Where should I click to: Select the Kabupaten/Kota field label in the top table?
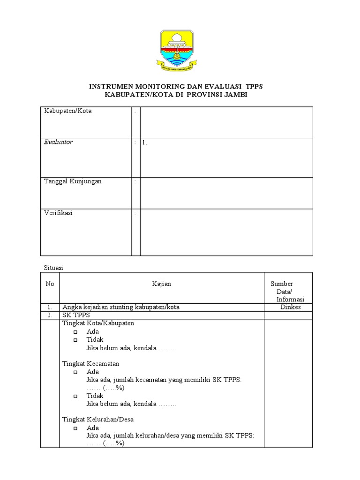click(68, 111)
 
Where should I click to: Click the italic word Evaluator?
click(59, 142)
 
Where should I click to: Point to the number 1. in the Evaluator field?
click(145, 143)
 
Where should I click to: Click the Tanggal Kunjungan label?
click(73, 181)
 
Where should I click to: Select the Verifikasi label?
click(58, 213)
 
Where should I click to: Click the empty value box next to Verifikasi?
click(226, 232)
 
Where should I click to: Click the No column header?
click(50, 284)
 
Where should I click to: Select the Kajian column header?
click(162, 284)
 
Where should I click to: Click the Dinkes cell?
click(291, 307)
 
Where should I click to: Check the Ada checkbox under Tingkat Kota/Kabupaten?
click(75, 332)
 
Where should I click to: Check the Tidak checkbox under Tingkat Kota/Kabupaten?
click(75, 340)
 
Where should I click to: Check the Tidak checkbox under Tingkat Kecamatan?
click(75, 396)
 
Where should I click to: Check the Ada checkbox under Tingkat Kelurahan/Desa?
click(75, 428)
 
